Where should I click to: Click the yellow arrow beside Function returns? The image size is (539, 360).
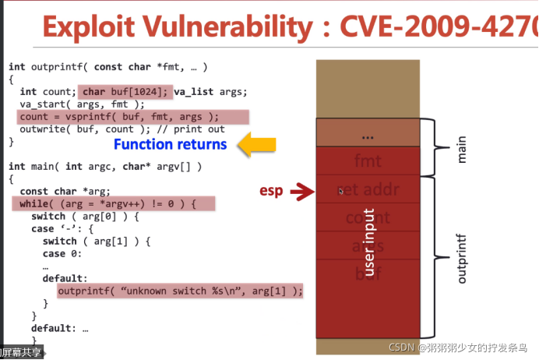coord(256,144)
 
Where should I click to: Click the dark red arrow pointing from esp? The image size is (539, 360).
coord(299,191)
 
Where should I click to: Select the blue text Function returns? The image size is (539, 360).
coord(170,144)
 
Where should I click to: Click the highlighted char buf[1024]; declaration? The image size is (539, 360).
coord(125,91)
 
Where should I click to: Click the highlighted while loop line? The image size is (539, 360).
coord(114,203)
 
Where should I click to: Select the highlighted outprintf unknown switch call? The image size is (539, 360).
coord(180,291)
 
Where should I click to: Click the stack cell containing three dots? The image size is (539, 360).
coord(368,135)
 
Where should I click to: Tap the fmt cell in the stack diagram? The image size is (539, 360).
coord(368,162)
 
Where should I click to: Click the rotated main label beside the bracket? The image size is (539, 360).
coord(462,148)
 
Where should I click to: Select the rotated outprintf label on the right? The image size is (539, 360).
coord(462,255)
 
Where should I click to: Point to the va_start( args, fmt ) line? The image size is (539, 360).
coord(83,104)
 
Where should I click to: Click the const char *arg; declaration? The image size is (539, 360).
coord(65,191)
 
